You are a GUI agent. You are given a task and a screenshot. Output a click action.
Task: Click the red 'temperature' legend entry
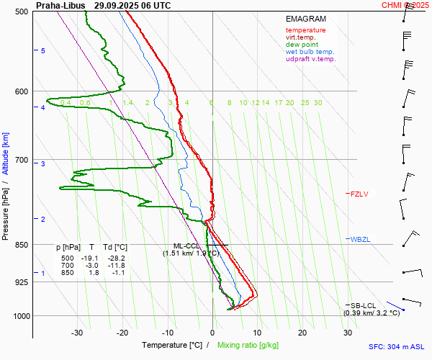pos(305,30)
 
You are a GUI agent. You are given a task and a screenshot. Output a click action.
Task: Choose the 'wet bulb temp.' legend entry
pos(310,52)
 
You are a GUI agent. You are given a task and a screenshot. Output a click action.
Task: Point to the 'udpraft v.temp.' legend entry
pos(310,59)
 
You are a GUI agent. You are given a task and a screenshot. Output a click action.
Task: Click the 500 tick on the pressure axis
pos(22,12)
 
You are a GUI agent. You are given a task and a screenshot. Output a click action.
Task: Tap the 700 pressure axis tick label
pos(22,160)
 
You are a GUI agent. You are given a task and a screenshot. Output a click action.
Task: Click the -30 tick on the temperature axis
pos(77,333)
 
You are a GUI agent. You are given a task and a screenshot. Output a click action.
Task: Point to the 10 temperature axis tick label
pos(257,333)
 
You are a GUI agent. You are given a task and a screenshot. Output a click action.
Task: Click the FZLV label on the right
pos(359,194)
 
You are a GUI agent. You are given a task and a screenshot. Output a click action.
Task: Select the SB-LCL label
pos(364,306)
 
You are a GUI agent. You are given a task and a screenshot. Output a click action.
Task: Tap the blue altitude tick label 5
pos(42,51)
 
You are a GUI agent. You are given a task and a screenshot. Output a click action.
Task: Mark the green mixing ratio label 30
pos(318,103)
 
